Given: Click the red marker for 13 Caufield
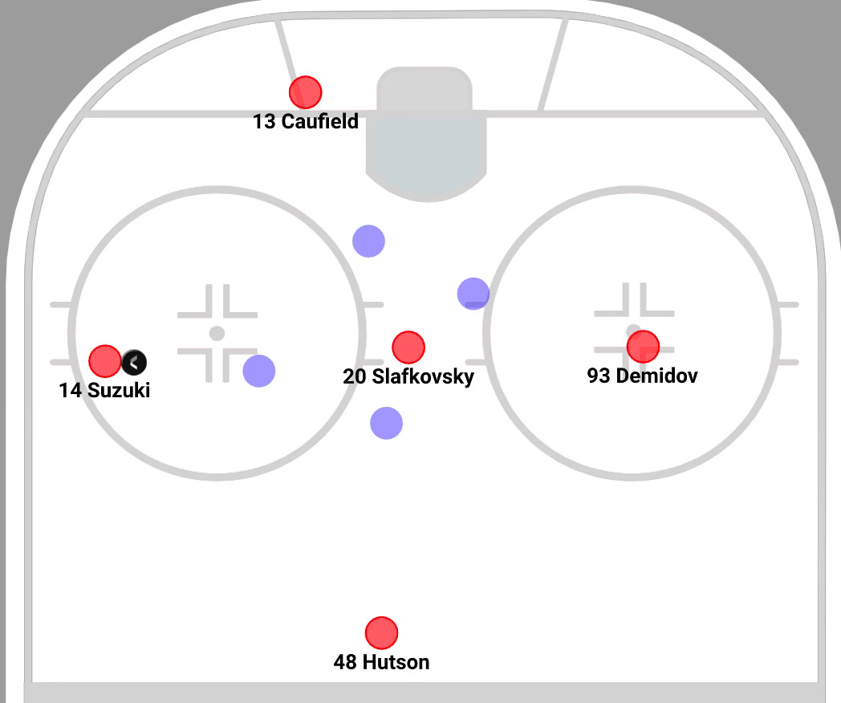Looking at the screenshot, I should click(305, 92).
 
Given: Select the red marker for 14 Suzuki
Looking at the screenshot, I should click(104, 361).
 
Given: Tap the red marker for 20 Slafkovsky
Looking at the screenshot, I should click(408, 347).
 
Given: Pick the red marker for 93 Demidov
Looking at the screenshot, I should click(643, 346).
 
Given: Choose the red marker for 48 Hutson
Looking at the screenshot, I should click(381, 633).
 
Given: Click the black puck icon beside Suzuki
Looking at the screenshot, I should click(134, 363).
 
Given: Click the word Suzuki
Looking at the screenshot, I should click(119, 391).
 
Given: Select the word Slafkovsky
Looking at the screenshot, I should click(423, 376).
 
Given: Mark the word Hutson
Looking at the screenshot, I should click(396, 662).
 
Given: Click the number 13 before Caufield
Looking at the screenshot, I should click(264, 122).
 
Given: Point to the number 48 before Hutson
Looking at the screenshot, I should click(345, 662).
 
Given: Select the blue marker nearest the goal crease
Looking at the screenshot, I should click(368, 240).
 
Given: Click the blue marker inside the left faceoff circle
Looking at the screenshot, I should click(258, 370).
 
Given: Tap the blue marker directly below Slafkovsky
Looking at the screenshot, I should click(386, 423).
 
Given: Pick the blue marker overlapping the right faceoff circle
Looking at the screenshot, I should click(473, 293).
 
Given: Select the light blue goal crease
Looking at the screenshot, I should click(426, 152).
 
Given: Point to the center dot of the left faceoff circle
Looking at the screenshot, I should click(217, 333).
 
